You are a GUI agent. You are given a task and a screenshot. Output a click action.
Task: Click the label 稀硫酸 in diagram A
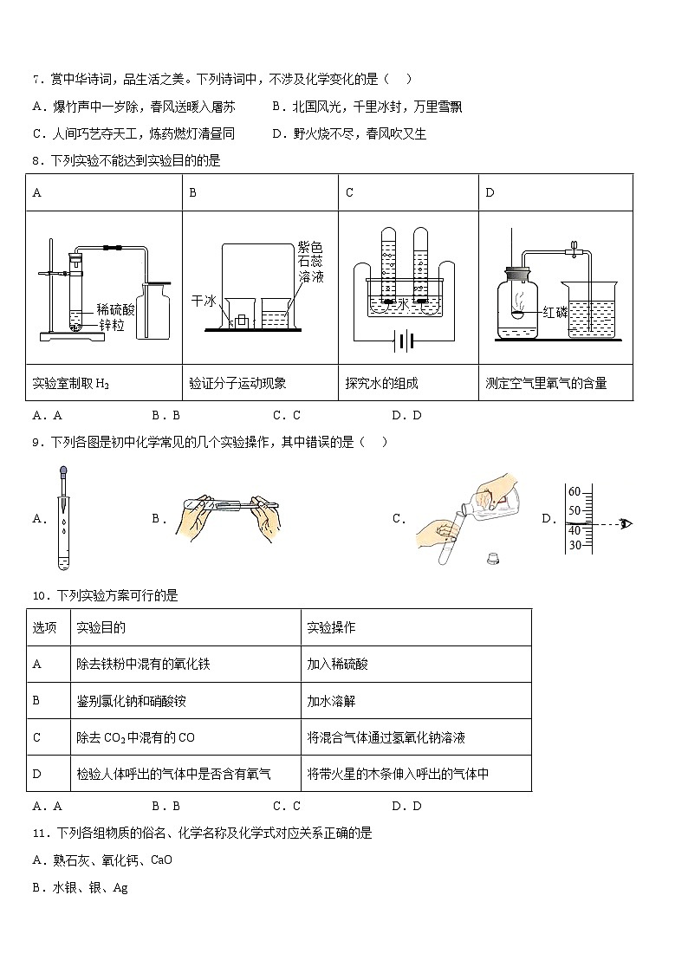(x=116, y=308)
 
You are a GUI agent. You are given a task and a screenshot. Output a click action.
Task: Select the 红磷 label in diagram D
(x=555, y=311)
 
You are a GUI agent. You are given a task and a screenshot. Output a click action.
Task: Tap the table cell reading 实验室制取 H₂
(x=71, y=383)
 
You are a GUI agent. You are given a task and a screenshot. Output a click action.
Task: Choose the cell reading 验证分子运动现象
(x=237, y=383)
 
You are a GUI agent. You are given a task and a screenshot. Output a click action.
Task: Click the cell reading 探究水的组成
(x=381, y=383)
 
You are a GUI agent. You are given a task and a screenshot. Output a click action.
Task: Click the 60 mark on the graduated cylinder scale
(x=574, y=492)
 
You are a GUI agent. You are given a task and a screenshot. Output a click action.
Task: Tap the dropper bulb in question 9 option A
(x=63, y=473)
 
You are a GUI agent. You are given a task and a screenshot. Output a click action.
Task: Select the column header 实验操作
(x=331, y=627)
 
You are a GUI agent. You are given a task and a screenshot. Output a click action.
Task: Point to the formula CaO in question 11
(x=161, y=860)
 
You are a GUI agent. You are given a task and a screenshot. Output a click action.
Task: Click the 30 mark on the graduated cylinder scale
(x=574, y=545)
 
